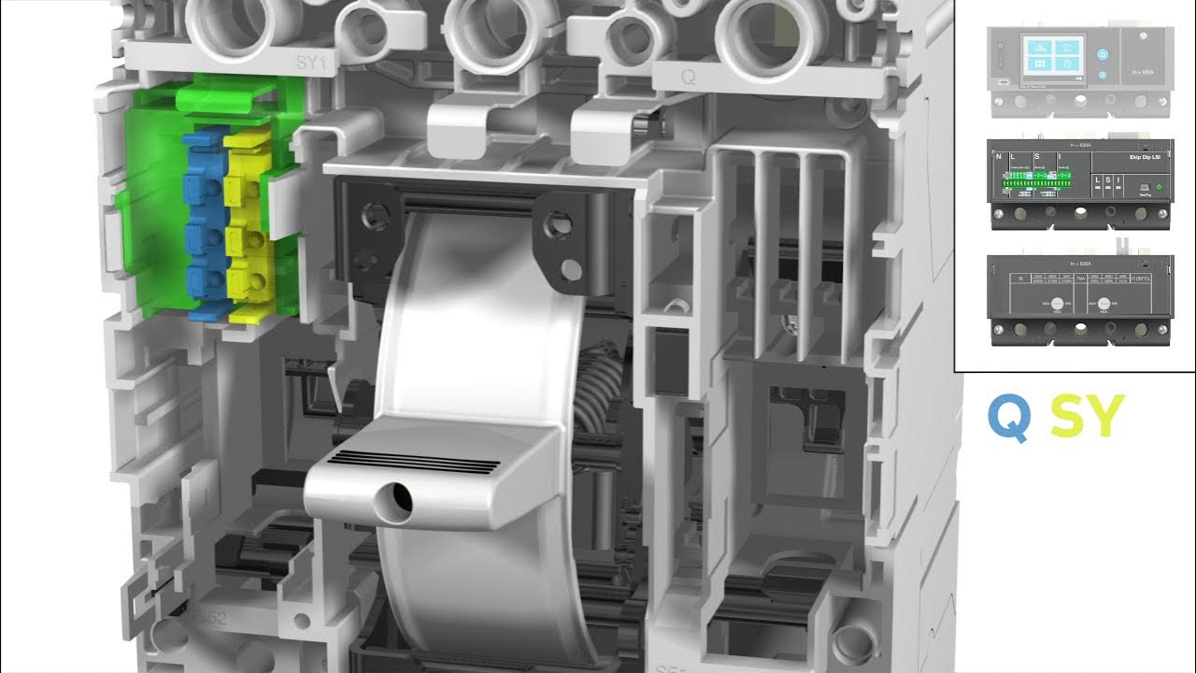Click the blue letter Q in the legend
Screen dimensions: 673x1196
click(x=1010, y=418)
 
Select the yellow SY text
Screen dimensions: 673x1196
click(x=1087, y=418)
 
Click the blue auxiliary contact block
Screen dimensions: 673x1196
click(x=204, y=224)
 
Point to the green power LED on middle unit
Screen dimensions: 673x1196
click(x=1160, y=186)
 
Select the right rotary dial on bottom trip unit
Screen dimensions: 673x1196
click(x=1105, y=305)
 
